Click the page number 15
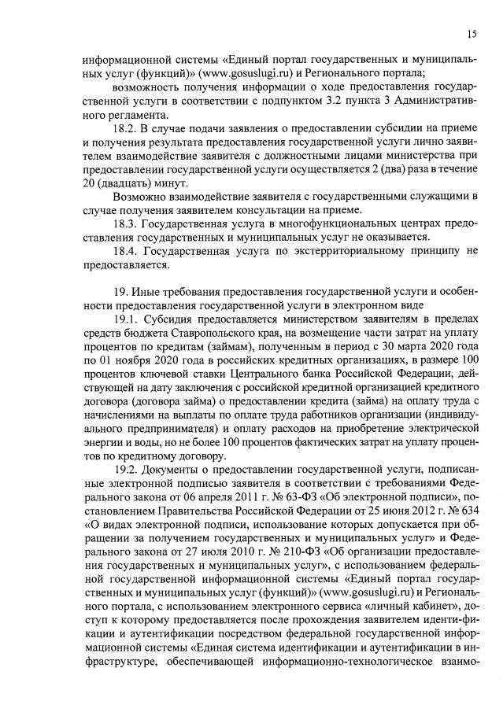472,33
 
